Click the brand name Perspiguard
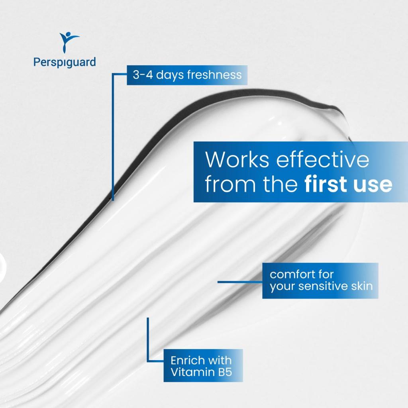tap(65, 63)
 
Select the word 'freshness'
tap(214, 75)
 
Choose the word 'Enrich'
tap(188, 361)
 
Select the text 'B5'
tap(225, 373)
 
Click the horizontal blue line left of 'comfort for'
tap(240, 282)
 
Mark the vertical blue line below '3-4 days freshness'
tap(113, 137)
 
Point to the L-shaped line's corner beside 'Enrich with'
tap(148, 361)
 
